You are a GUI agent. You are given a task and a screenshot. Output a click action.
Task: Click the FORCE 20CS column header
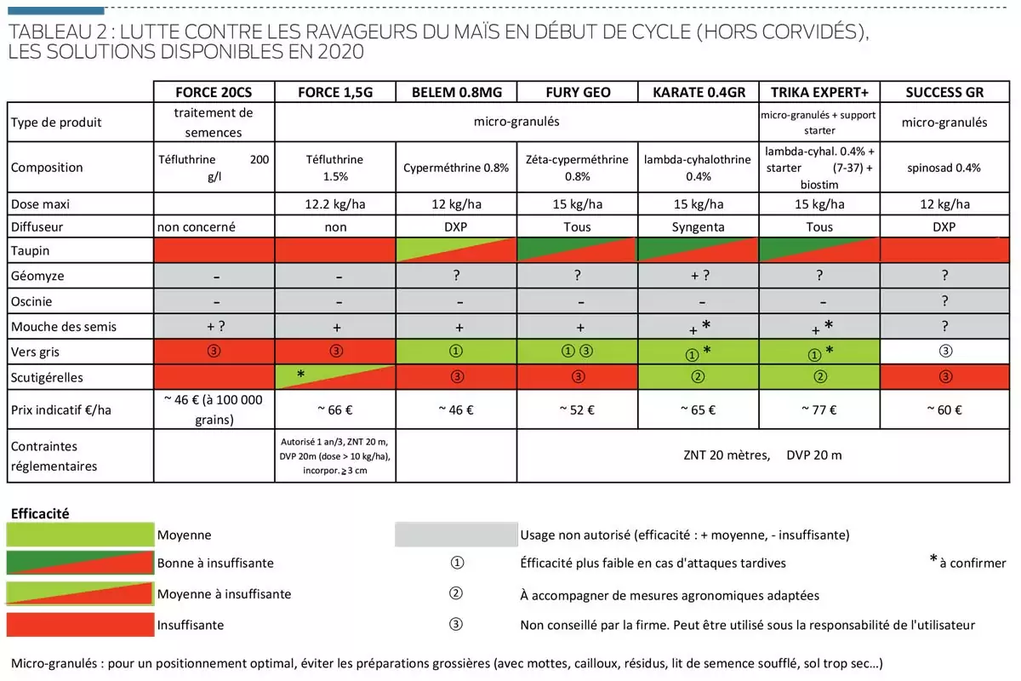coord(214,92)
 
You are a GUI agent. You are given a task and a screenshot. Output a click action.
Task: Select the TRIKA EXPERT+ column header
coord(819,92)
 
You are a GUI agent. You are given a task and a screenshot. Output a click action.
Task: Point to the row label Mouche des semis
coord(64,326)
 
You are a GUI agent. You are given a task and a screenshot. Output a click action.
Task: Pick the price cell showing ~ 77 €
coord(819,409)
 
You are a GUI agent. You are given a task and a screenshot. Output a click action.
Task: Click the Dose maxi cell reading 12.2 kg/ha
coord(335,204)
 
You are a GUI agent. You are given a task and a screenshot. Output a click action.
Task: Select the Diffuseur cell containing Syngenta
coord(698,227)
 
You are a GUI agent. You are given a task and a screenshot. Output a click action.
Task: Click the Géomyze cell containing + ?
coord(698,277)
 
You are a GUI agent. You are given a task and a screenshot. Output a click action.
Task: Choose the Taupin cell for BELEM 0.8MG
coord(456,250)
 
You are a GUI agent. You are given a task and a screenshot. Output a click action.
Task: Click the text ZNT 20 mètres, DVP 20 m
coord(761,455)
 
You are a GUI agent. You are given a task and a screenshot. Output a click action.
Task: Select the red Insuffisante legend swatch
coord(80,625)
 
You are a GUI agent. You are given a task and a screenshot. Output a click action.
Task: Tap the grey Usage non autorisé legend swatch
coord(456,535)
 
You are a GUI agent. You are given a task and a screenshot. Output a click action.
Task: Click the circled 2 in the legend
coord(456,594)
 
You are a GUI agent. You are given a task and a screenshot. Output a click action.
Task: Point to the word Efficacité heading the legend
coord(39,513)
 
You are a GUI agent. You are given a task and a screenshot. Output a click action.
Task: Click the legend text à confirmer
coord(973,563)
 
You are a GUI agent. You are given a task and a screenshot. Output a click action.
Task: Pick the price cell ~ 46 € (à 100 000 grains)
coord(214,409)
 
